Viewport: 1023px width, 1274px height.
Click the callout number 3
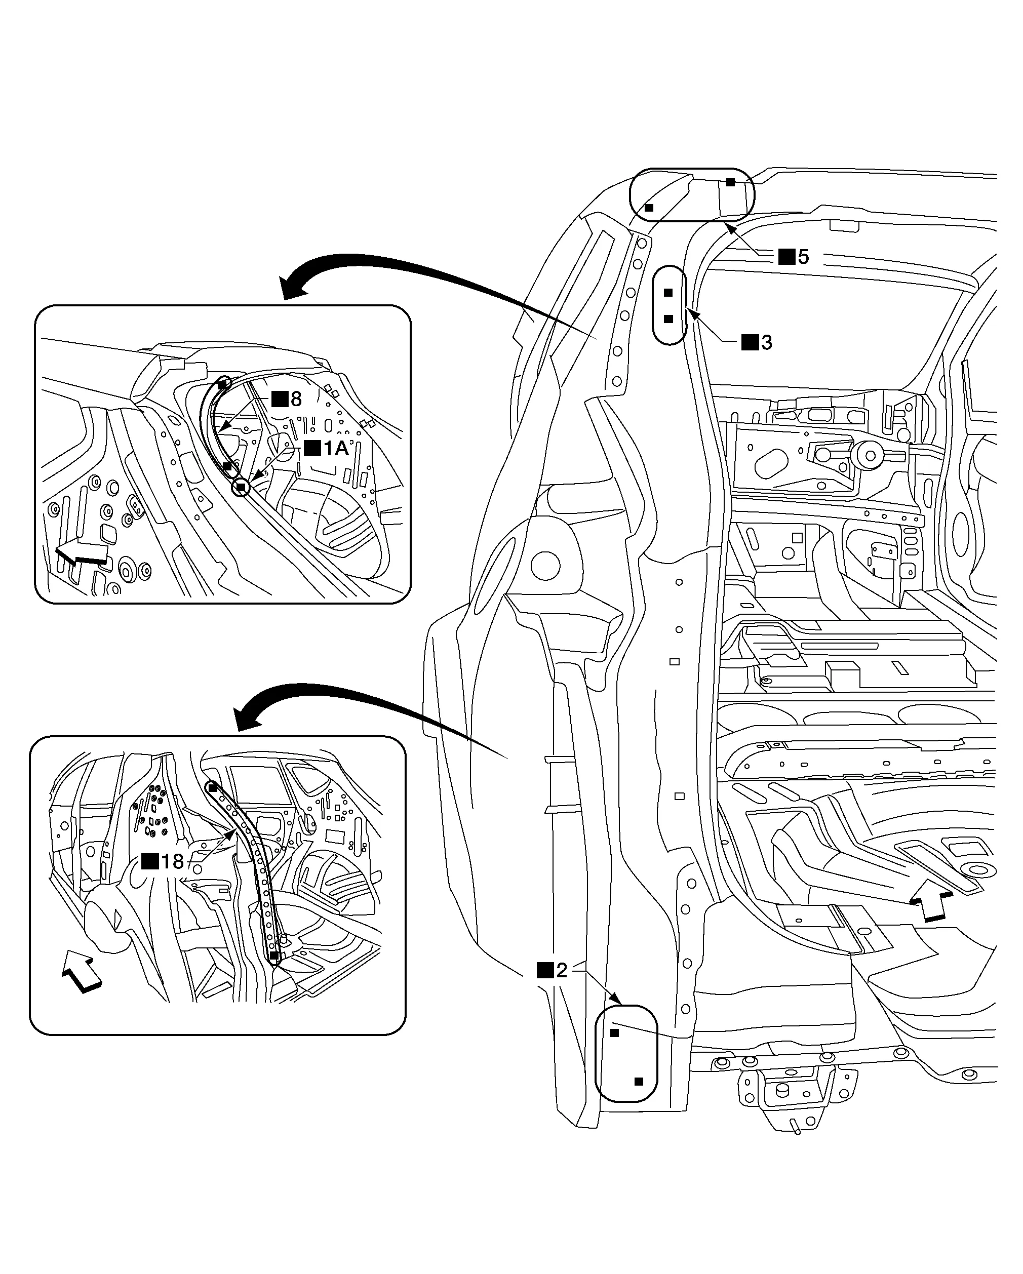[x=767, y=342]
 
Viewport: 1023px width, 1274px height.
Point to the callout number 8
[x=296, y=399]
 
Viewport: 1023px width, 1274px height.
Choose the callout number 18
[x=172, y=861]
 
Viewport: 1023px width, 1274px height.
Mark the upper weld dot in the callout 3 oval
[x=668, y=293]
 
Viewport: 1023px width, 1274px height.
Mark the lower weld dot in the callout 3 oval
[x=668, y=319]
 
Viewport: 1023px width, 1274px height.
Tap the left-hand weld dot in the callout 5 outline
[x=649, y=208]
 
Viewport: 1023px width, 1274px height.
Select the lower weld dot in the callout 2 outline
[x=638, y=1082]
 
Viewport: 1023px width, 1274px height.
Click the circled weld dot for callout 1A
[x=241, y=488]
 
